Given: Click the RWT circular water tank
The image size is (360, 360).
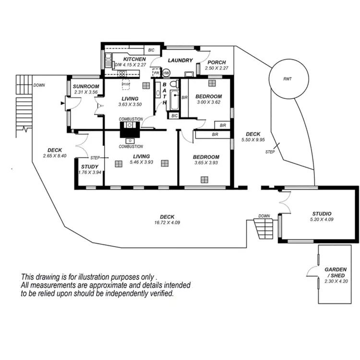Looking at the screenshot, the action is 287,78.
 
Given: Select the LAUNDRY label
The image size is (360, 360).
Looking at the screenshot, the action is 180,60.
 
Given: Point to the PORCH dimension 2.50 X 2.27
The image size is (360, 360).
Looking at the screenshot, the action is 215,69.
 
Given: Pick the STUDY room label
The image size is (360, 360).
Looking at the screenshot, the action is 90,167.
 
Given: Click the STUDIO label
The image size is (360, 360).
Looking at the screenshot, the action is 322,214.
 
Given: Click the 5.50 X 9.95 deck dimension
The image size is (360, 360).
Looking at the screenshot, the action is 253,140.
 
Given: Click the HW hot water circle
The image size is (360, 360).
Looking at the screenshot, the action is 167,73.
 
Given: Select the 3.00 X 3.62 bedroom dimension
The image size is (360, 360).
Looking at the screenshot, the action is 208,102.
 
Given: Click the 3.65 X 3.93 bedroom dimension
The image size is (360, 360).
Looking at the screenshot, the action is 206,163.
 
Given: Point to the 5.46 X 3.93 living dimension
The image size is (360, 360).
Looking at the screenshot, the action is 141,162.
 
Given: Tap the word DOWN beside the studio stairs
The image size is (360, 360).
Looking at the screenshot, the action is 264,216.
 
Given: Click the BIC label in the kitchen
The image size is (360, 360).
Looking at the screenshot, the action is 151,50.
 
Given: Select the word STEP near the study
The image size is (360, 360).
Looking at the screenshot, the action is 95,158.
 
